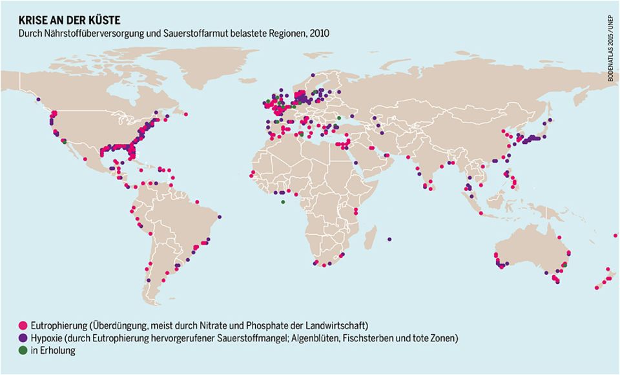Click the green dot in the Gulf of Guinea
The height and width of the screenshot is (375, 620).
pyautogui.click(x=282, y=201)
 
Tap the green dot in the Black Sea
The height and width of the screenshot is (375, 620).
pyautogui.click(x=338, y=117)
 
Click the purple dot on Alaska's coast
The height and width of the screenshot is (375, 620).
pyautogui.click(x=39, y=99)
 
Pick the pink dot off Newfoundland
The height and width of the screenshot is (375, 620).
pyautogui.click(x=186, y=115)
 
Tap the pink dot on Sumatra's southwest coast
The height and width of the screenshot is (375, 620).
pyautogui.click(x=480, y=212)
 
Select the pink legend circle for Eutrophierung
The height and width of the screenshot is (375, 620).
pyautogui.click(x=23, y=324)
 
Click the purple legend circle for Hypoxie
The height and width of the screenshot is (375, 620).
pyautogui.click(x=23, y=338)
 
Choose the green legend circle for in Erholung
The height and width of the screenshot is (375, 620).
pyautogui.click(x=23, y=351)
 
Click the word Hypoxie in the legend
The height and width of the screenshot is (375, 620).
pyautogui.click(x=45, y=338)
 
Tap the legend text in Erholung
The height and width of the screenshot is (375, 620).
pyautogui.click(x=52, y=351)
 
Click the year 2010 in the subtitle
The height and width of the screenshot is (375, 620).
pyautogui.click(x=319, y=33)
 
